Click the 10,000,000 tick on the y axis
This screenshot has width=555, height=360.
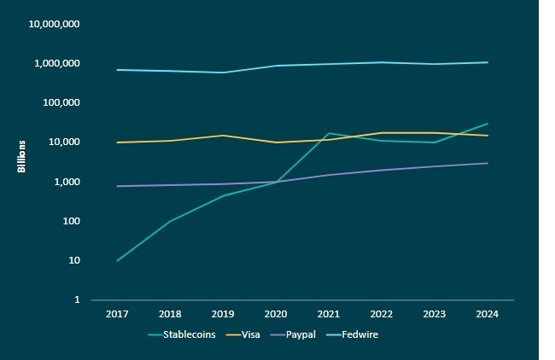pyautogui.click(x=55, y=24)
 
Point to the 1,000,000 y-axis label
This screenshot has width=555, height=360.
pyautogui.click(x=57, y=64)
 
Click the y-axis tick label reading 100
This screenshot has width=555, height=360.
pyautogui.click(x=72, y=221)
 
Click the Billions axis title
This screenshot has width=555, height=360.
pyautogui.click(x=22, y=156)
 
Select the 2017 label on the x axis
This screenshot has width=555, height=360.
pyautogui.click(x=117, y=314)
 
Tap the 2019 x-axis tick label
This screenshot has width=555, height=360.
pyautogui.click(x=223, y=314)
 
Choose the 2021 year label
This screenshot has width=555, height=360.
pyautogui.click(x=329, y=314)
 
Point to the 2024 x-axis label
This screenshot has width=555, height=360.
pyautogui.click(x=488, y=314)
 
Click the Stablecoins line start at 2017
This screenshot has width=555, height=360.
pyautogui.click(x=117, y=260)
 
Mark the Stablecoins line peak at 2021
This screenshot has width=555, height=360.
pyautogui.click(x=329, y=133)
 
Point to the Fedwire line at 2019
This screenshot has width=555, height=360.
pyautogui.click(x=223, y=73)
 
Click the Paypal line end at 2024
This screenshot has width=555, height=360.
pyautogui.click(x=488, y=163)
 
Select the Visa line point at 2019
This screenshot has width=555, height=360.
pyautogui.click(x=223, y=136)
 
